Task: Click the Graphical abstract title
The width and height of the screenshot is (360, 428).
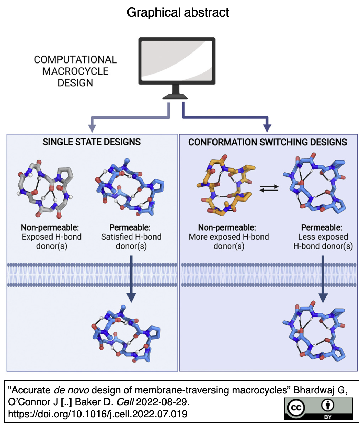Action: pyautogui.click(x=178, y=12)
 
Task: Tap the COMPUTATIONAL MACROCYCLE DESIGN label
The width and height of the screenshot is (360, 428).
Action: pyautogui.click(x=75, y=71)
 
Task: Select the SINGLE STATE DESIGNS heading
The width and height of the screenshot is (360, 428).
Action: pyautogui.click(x=92, y=142)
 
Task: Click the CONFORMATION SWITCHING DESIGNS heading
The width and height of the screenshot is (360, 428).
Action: pyautogui.click(x=267, y=142)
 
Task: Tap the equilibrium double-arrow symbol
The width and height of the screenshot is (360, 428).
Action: pyautogui.click(x=269, y=188)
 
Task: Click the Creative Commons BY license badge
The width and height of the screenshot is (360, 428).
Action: pyautogui.click(x=318, y=408)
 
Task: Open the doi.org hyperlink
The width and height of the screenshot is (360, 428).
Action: pyautogui.click(x=97, y=414)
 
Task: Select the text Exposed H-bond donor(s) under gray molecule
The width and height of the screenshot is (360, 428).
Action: pyautogui.click(x=52, y=241)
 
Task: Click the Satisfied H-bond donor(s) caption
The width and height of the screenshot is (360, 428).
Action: pyautogui.click(x=131, y=241)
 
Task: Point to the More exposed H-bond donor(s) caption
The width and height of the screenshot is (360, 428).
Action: pyautogui.click(x=229, y=241)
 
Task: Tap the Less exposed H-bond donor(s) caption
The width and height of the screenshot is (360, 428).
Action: pyautogui.click(x=323, y=241)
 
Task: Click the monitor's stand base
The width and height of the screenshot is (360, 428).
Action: pyautogui.click(x=175, y=97)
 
